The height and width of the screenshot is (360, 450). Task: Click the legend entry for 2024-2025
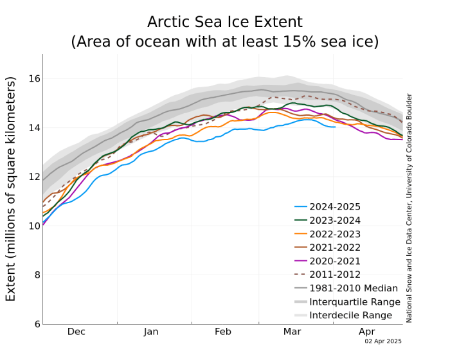(x=335, y=207)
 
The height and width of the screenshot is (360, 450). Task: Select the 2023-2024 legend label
(x=335, y=221)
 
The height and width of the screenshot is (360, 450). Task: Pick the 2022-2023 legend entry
(x=335, y=234)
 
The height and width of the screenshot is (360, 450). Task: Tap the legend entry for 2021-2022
(x=335, y=248)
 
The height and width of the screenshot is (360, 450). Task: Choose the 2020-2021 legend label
(x=335, y=261)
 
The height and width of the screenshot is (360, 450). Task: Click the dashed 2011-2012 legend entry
(x=335, y=274)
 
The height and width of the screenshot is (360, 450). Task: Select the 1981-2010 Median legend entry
(x=350, y=288)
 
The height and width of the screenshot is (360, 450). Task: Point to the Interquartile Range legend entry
(x=354, y=301)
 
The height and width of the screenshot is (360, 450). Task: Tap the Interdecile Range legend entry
(x=350, y=315)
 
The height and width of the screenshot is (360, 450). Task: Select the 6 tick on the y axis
(x=35, y=324)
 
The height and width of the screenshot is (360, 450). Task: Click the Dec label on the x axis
(x=76, y=332)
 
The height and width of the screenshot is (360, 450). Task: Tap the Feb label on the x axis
(x=223, y=332)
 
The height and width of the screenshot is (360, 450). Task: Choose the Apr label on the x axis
(x=366, y=332)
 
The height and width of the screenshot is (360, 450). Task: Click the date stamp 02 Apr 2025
(x=383, y=341)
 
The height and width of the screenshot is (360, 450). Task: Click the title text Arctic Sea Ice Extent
(x=224, y=22)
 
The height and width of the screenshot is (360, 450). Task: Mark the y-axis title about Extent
(x=11, y=189)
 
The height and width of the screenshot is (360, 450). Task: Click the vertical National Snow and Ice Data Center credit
(x=409, y=208)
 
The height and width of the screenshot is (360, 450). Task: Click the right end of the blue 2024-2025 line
(x=335, y=127)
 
